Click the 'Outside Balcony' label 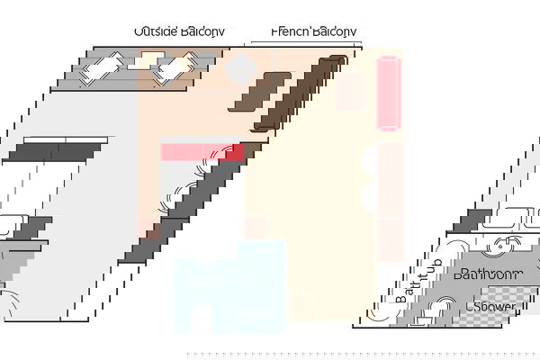tap(179, 31)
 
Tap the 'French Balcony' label tap(314, 31)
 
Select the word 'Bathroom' tap(489, 274)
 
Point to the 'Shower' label tap(490, 307)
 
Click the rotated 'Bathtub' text tap(418, 280)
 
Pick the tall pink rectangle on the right tap(389, 94)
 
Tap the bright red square tap(232, 152)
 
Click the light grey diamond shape tap(240, 68)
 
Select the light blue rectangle tap(229, 286)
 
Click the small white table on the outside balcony tap(147, 61)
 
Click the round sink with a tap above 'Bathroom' tap(501, 246)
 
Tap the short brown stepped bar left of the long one tap(259, 92)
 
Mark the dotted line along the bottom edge tap(364, 354)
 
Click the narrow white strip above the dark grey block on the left tap(66, 139)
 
